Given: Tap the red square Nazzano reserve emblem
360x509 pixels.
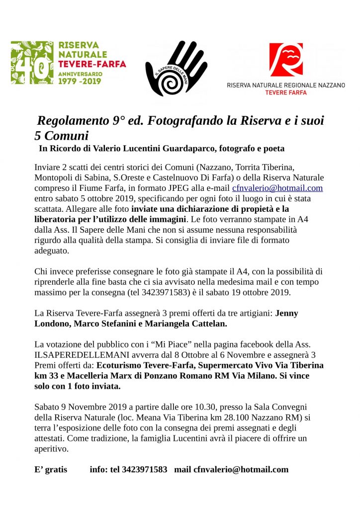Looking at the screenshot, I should (x=286, y=60).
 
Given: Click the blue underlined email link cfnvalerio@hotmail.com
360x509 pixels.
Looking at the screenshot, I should (x=277, y=188).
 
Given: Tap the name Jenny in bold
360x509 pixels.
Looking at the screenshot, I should (x=287, y=313).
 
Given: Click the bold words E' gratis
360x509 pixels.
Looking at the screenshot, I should (x=50, y=469).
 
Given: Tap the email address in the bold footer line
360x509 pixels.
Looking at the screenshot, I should (x=241, y=469).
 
